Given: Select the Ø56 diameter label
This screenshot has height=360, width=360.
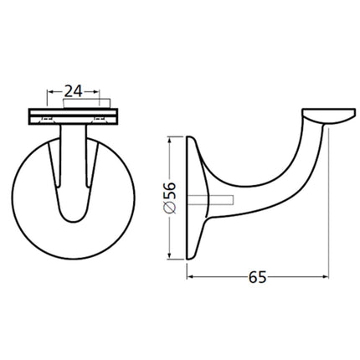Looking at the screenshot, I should tap(170, 197).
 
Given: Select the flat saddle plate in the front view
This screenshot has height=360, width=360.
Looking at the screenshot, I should tap(74, 115).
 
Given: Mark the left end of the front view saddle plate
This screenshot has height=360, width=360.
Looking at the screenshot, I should tap(31, 115).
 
